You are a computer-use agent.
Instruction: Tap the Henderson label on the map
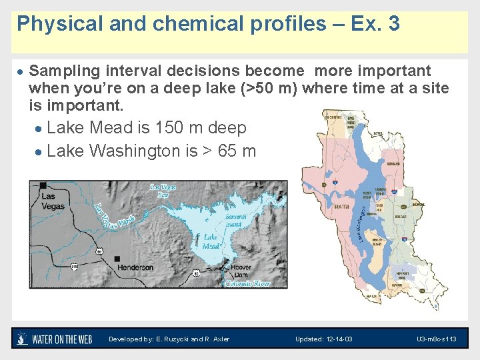135,267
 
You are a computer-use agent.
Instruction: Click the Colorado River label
247,283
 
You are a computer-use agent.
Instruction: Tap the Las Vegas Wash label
115,217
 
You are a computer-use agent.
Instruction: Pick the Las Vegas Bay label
162,191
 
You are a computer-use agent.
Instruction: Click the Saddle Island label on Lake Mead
235,221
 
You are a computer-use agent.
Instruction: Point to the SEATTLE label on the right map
342,207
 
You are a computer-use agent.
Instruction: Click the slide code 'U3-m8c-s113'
436,339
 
